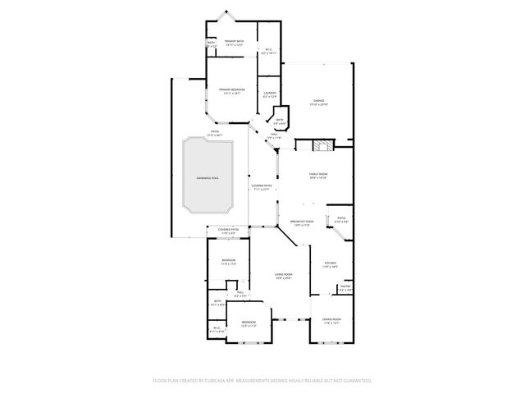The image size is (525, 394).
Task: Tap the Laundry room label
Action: pos(269,94)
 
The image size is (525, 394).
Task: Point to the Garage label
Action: pos(318,102)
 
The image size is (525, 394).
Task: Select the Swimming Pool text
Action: pos(208,177)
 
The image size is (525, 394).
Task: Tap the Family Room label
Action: pos(318,175)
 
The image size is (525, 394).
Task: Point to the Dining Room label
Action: pos(331,322)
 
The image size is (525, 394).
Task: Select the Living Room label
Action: pos(284,277)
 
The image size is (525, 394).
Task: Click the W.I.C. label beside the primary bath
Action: pos(268,50)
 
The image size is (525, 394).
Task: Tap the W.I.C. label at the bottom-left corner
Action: pos(217,329)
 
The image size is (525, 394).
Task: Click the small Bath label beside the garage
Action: pos(280,121)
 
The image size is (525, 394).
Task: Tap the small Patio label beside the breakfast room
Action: pos(342,220)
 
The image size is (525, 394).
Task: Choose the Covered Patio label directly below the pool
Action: pos(227,231)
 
